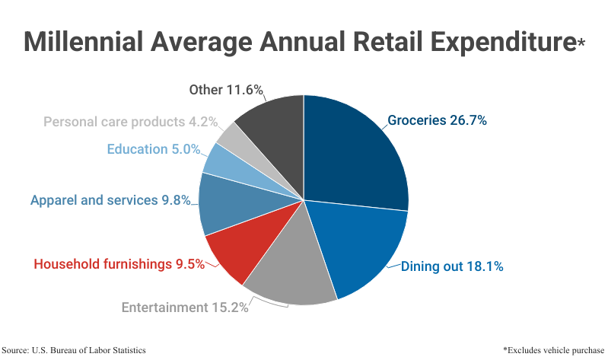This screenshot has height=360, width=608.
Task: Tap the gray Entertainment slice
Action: [x=289, y=270]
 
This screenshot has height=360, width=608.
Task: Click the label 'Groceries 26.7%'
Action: [x=437, y=120]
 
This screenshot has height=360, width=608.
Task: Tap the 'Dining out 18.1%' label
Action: [x=452, y=266]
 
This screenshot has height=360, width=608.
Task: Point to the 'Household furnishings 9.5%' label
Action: [x=119, y=264]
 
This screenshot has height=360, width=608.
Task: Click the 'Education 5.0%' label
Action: [x=153, y=149]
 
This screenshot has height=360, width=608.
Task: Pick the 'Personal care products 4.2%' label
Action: [x=130, y=121]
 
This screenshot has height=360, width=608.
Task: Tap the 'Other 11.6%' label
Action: [x=226, y=90]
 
